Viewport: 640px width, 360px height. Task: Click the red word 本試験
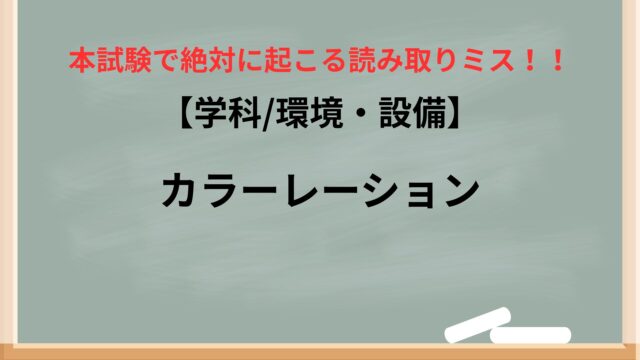tap(110, 61)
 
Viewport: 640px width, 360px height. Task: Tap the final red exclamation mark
tap(557, 61)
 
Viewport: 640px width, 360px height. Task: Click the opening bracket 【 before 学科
tap(186, 115)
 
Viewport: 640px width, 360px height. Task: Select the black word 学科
tap(228, 114)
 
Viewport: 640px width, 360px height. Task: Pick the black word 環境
tap(309, 114)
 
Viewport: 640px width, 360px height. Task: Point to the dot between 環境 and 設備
tap(360, 115)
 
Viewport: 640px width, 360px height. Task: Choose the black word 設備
tap(412, 114)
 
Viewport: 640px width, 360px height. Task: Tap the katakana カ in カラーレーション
tap(181, 189)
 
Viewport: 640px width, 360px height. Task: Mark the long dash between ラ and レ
tap(264, 189)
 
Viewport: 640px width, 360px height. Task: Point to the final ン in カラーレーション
tap(459, 190)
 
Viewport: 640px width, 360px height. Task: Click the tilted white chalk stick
tap(478, 324)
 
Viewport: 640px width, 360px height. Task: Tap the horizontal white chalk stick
tap(531, 336)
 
